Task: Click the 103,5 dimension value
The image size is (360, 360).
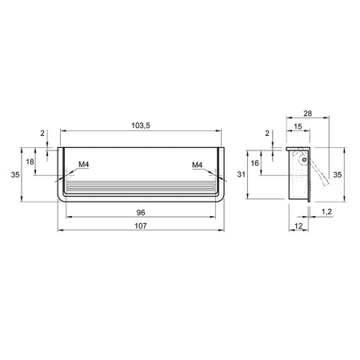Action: click(x=141, y=126)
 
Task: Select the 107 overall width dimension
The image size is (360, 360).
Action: click(x=141, y=226)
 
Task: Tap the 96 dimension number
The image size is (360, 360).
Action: click(x=141, y=213)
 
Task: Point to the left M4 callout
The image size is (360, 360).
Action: click(x=84, y=165)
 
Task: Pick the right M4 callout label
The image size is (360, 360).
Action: click(x=198, y=165)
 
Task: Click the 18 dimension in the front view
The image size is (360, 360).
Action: click(x=30, y=162)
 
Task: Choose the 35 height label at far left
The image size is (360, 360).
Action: click(x=15, y=174)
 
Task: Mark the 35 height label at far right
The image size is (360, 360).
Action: click(x=338, y=174)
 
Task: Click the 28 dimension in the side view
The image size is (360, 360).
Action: click(x=307, y=114)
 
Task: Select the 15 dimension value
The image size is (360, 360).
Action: click(x=298, y=126)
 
